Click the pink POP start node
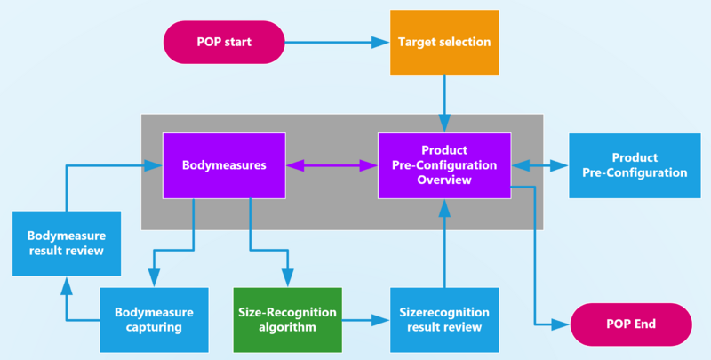[x=223, y=42]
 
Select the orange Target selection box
[x=444, y=42]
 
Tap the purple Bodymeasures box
[x=224, y=165]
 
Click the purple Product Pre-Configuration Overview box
[x=444, y=165]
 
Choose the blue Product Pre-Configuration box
[x=635, y=165]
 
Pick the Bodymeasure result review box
[x=67, y=243]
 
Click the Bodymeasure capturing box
[x=154, y=319]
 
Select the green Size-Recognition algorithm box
[x=287, y=319]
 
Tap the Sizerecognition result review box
[x=444, y=319]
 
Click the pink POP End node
[x=632, y=324]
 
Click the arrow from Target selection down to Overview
[x=444, y=102]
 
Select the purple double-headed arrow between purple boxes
[x=332, y=165]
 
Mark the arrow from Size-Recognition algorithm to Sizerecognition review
[x=365, y=319]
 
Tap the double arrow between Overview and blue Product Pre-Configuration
[x=539, y=165]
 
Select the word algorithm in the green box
[x=287, y=327]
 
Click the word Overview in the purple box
[x=444, y=180]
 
